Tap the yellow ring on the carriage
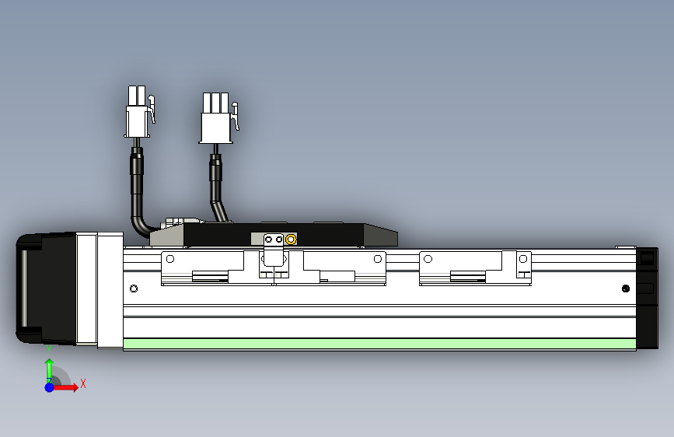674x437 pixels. pos(291,239)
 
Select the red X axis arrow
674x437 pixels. pos(68,387)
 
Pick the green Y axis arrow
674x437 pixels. pos(49,369)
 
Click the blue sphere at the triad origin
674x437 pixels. pos(49,387)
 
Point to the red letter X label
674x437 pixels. pos(82,383)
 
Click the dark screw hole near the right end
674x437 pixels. pos(626,289)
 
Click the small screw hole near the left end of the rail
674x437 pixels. pos(134,289)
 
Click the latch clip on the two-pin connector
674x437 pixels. pos(152,109)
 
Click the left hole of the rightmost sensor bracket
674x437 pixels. pos(428,258)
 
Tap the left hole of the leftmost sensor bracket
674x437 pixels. pos(169,258)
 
